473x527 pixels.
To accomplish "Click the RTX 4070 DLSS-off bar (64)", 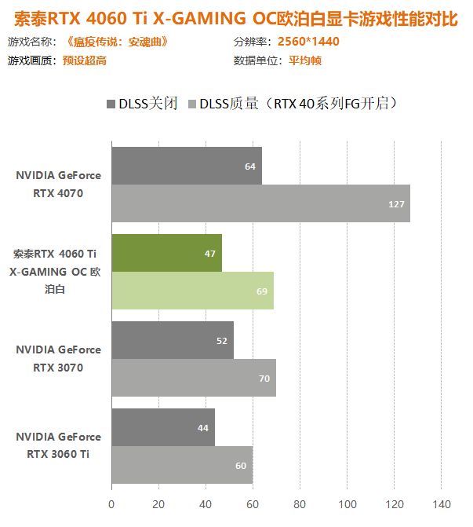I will (x=186, y=166).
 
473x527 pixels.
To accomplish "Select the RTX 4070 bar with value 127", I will (x=260, y=203).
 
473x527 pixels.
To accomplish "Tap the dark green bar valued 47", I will (x=166, y=253).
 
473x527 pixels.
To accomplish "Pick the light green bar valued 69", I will (x=192, y=291).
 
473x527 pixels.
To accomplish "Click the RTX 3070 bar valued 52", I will (x=172, y=340).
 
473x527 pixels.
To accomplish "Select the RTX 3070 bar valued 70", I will (x=193, y=378).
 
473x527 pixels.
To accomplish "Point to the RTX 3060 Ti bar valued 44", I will (x=162, y=427).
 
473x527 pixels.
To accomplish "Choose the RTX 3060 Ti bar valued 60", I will (x=181, y=465).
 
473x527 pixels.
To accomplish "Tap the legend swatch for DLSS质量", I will (x=191, y=104).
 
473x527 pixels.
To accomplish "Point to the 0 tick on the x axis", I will (x=111, y=503).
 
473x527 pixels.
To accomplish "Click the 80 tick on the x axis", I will (x=300, y=503).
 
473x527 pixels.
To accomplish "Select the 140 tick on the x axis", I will (x=441, y=503).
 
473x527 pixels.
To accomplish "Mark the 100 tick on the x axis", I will (x=347, y=503).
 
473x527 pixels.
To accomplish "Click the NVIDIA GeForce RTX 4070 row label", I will (x=58, y=185).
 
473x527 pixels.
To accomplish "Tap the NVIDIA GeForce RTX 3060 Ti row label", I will (x=58, y=445).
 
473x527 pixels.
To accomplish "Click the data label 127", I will (x=396, y=204).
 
